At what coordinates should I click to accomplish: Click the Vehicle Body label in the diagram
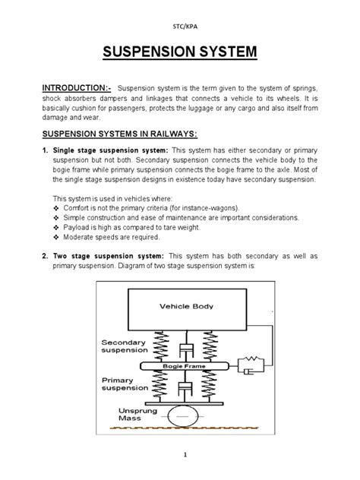pos(186,308)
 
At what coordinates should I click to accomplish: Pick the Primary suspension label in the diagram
pos(125,384)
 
